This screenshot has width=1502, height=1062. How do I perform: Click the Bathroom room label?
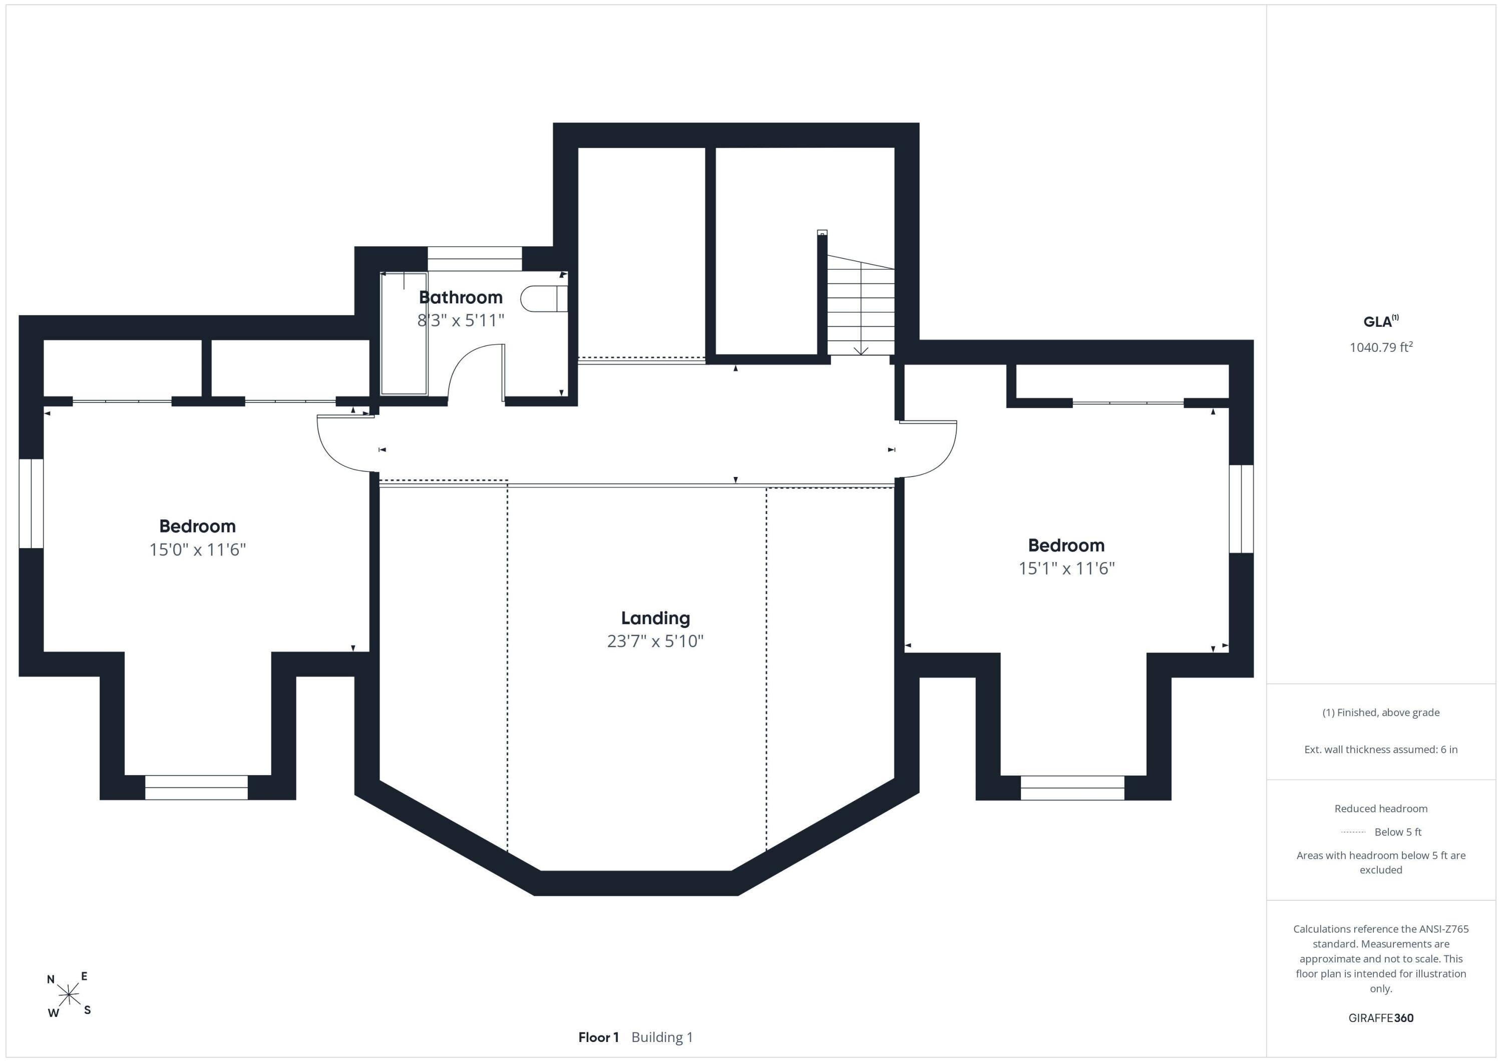461,298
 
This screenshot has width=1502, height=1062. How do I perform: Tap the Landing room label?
655,618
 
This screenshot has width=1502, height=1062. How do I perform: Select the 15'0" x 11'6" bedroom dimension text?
198,550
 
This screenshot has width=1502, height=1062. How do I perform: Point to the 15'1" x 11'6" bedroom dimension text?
1066,568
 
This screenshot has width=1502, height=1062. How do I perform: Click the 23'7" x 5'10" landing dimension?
655,641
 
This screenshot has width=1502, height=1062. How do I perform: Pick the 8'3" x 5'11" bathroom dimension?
461,320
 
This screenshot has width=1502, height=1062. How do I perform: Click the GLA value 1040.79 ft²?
1381,347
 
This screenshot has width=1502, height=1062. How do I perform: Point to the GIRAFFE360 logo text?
1381,1017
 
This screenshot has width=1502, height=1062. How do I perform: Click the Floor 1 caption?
598,1037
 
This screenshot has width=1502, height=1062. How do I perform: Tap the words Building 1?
662,1037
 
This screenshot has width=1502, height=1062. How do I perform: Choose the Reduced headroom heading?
1381,808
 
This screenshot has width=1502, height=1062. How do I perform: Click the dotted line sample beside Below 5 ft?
1353,832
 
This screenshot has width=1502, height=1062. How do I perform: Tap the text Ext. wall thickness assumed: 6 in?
1381,749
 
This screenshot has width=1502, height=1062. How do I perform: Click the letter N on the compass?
51,979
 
